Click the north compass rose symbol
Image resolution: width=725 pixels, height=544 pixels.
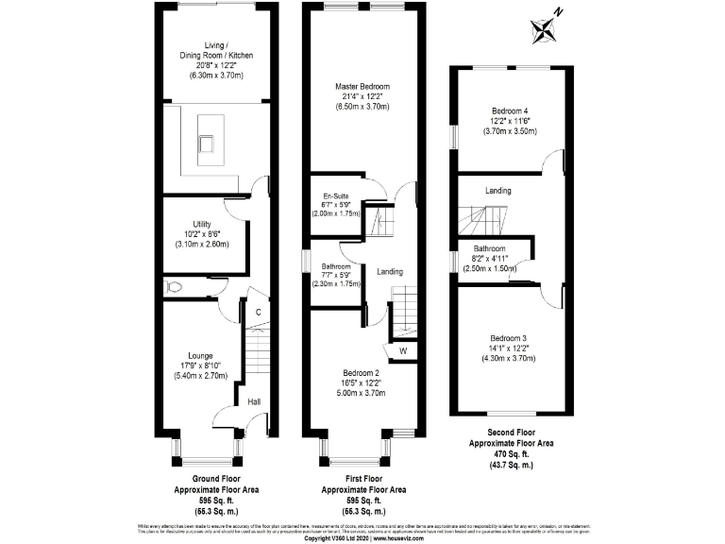[x=546, y=28]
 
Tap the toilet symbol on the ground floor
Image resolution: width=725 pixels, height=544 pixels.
[x=172, y=284]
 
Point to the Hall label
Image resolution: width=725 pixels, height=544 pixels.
[x=254, y=402]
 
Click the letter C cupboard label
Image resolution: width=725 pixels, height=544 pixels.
[x=256, y=311]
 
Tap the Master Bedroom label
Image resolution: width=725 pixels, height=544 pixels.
[x=363, y=86]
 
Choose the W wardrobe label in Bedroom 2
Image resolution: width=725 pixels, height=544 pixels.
[x=402, y=352]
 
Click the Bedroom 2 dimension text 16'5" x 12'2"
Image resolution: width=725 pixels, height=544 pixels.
[x=362, y=382]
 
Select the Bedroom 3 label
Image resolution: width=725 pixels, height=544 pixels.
[x=508, y=338]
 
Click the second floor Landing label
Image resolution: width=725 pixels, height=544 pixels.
[x=498, y=191]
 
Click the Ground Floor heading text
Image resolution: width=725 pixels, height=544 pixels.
[x=213, y=480]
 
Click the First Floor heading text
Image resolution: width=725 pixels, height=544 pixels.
[x=363, y=480]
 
